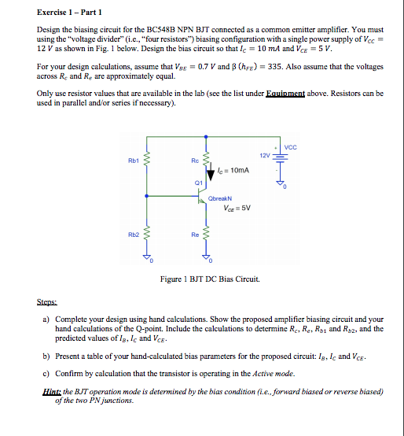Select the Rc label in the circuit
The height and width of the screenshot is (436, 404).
(195, 161)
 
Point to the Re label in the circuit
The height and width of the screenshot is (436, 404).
(195, 235)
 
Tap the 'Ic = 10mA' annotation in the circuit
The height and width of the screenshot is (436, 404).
(232, 169)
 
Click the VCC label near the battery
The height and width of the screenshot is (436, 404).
(291, 147)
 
